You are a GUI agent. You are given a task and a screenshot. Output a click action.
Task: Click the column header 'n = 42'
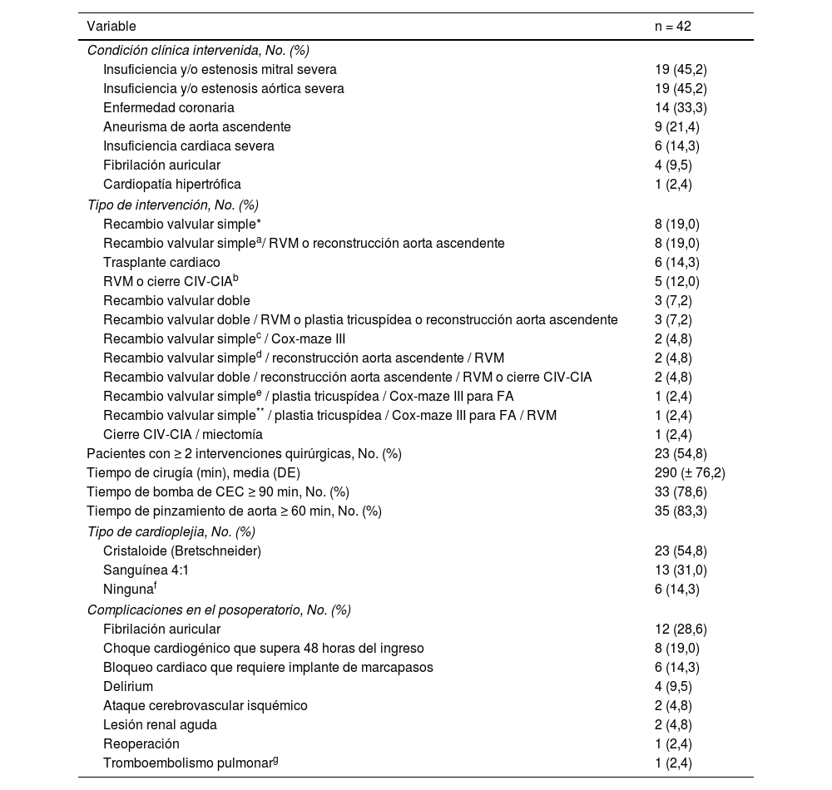coord(672,27)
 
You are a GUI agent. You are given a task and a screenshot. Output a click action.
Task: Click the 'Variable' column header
coord(111,27)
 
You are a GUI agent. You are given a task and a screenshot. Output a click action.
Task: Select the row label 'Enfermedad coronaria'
coord(169,107)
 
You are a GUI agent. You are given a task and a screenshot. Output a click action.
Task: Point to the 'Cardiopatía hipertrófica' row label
coord(172,184)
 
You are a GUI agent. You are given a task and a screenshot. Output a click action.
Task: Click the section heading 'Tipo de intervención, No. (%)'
coord(173,205)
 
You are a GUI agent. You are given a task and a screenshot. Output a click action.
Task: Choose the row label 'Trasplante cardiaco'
coord(163,262)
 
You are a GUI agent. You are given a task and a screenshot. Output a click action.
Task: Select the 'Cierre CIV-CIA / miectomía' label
coord(183,434)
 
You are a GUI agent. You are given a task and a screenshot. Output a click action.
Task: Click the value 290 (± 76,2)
coord(690,472)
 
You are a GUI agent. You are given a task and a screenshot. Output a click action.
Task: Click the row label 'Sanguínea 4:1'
coord(146,570)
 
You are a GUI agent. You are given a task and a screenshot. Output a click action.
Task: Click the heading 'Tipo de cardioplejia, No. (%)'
coord(171,531)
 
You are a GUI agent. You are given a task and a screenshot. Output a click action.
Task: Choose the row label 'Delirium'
coord(128,686)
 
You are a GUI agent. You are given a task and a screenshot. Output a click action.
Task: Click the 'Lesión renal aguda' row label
coord(160,724)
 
